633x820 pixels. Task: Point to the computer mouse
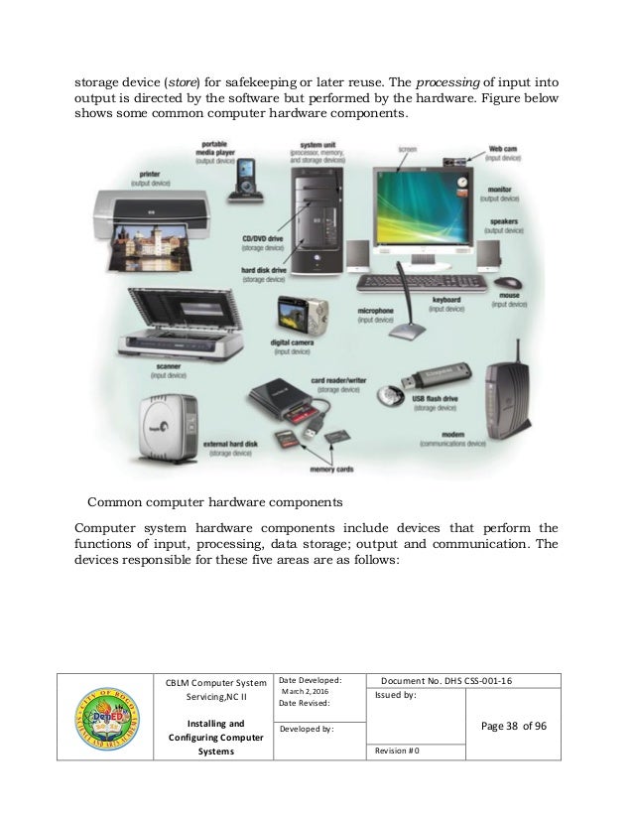509,282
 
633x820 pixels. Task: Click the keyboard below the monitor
421,282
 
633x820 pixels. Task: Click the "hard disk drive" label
263,273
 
